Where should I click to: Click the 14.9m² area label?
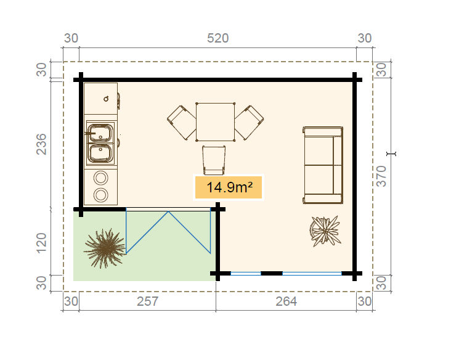pyautogui.click(x=229, y=187)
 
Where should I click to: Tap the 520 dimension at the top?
pyautogui.click(x=217, y=38)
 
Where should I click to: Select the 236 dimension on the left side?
pyautogui.click(x=41, y=144)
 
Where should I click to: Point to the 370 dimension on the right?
pyautogui.click(x=381, y=176)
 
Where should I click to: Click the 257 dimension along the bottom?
pyautogui.click(x=147, y=301)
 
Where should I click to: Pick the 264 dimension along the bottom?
pyautogui.click(x=286, y=301)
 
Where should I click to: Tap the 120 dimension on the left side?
pyautogui.click(x=41, y=243)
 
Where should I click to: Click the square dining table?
pyautogui.click(x=216, y=122)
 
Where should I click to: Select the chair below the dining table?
pyautogui.click(x=214, y=160)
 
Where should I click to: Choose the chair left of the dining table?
pyautogui.click(x=182, y=123)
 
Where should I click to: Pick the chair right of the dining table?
pyautogui.click(x=249, y=123)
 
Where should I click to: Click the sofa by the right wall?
pyautogui.click(x=323, y=165)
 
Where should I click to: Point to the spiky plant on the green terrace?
pyautogui.click(x=105, y=248)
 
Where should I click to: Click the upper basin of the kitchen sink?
pyautogui.click(x=100, y=133)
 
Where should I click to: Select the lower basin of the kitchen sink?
pyautogui.click(x=100, y=153)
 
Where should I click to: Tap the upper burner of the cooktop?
pyautogui.click(x=100, y=178)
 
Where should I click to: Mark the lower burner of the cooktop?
pyautogui.click(x=100, y=195)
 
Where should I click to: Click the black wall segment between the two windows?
pyautogui.click(x=272, y=273)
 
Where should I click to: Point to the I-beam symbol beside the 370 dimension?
pyautogui.click(x=391, y=154)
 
